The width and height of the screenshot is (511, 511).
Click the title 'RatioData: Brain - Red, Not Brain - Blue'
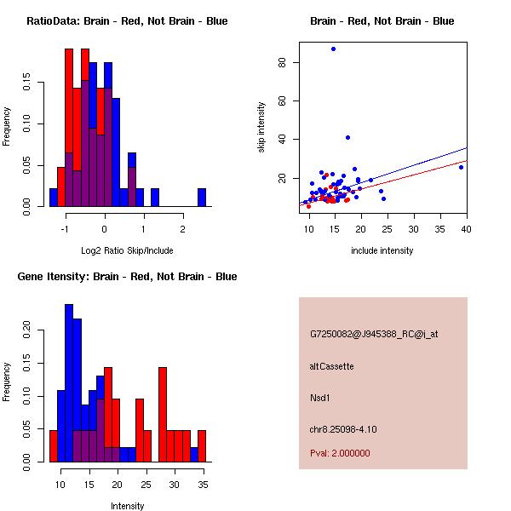tap(127, 21)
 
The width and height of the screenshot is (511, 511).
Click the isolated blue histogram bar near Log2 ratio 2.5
tap(202, 197)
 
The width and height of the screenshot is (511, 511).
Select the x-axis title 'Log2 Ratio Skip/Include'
tap(127, 250)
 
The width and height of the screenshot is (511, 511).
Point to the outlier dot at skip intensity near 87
tap(333, 49)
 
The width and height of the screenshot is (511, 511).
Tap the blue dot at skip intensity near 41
tap(347, 137)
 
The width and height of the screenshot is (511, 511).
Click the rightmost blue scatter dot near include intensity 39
tap(461, 167)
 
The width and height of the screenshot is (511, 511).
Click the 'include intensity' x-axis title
tap(382, 250)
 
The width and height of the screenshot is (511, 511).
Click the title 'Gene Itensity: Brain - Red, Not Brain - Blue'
tap(127, 277)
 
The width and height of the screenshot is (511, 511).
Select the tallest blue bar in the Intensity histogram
tap(69, 382)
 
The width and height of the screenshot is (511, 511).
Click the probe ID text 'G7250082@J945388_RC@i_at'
tap(374, 335)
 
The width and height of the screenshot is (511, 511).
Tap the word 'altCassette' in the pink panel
tap(331, 366)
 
